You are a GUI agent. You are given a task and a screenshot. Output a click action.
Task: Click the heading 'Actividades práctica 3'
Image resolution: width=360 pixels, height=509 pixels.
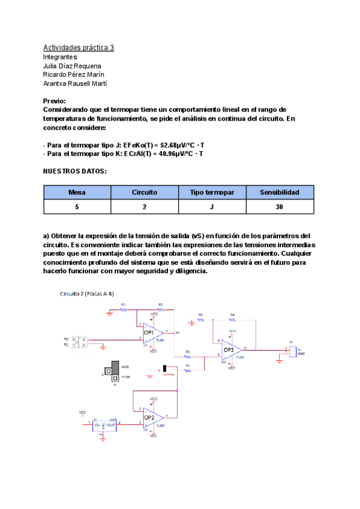point(79,47)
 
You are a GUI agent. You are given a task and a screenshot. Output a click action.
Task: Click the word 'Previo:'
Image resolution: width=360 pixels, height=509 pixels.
point(55,101)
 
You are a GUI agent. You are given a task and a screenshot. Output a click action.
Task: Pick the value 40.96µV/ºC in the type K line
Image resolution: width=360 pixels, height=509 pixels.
point(171,154)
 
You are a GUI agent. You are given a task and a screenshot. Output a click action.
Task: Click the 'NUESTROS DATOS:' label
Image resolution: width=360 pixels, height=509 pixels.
point(75,171)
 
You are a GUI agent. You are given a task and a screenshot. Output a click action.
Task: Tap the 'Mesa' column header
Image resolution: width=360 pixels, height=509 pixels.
point(77,193)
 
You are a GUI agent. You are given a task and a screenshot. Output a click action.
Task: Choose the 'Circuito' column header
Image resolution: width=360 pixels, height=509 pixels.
point(145,193)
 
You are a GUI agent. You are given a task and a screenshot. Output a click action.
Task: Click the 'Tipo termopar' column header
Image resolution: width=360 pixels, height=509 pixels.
point(212,193)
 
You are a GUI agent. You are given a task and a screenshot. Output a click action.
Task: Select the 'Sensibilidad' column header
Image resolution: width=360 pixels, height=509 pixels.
point(280,193)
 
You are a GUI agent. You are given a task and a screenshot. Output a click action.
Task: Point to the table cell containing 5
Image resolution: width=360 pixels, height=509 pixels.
point(77,207)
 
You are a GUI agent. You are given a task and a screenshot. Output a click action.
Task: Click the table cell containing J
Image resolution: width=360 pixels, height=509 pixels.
point(212,207)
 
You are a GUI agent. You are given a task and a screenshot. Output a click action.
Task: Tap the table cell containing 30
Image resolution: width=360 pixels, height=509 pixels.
point(280,207)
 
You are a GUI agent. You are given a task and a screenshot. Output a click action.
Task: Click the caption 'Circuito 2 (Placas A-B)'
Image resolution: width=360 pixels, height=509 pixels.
point(87,294)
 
